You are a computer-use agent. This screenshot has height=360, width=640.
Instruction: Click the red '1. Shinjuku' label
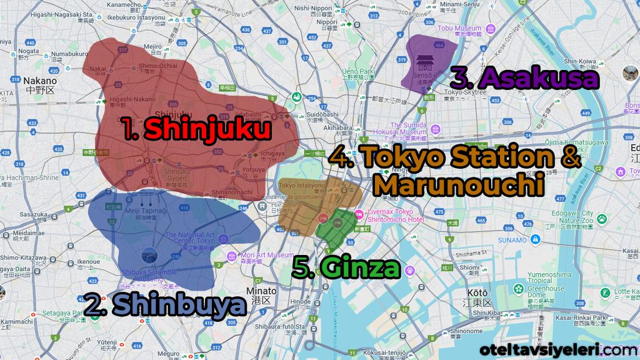click(x=196, y=129)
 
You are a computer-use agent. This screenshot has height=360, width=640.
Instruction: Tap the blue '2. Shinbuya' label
click(x=164, y=305)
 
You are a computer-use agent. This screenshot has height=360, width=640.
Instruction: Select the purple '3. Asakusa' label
click(x=524, y=78)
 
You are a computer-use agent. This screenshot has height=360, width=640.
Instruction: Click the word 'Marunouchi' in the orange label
click(x=460, y=185)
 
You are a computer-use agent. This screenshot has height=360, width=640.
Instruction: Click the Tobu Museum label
click(x=459, y=28)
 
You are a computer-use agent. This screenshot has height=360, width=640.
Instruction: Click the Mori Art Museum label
click(x=267, y=255)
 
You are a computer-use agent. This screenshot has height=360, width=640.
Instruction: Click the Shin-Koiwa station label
click(x=581, y=61)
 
